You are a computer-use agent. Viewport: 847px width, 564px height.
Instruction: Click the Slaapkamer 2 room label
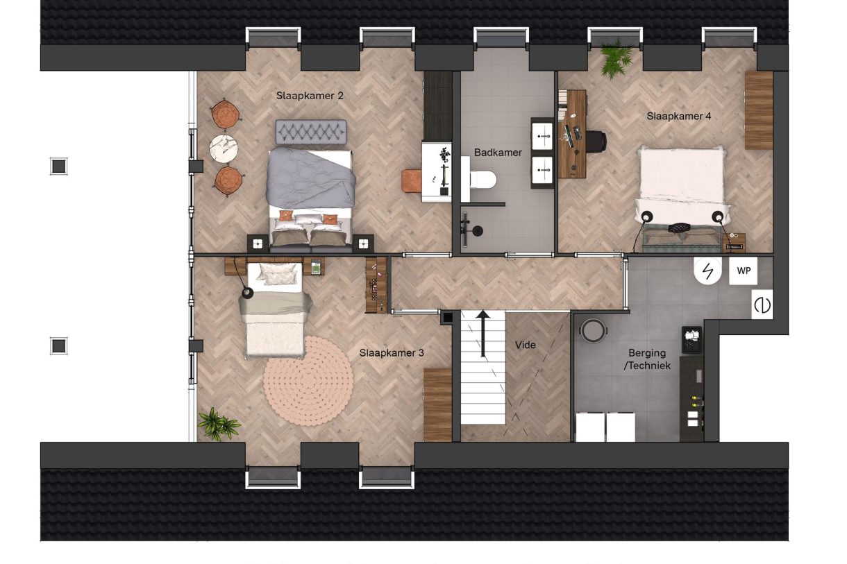[310, 96]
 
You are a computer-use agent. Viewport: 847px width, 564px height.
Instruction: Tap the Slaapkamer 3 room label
[392, 353]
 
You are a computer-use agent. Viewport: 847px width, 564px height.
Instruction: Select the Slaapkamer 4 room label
[679, 116]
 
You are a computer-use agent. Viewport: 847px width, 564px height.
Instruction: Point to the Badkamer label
[498, 153]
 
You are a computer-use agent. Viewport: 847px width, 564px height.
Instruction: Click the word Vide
[526, 345]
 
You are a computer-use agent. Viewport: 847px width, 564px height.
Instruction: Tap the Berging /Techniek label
[647, 359]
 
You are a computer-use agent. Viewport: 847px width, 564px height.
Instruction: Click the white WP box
[743, 271]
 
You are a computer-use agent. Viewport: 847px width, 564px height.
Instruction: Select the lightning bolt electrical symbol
[707, 271]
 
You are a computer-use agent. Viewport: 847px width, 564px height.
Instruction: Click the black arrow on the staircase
[483, 334]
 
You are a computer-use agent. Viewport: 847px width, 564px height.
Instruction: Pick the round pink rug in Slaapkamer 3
[308, 381]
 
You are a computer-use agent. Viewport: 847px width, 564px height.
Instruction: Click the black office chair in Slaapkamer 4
[596, 142]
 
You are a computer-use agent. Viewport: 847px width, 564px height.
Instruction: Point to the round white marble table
[224, 148]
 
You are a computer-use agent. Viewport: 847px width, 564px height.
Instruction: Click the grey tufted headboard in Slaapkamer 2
[311, 132]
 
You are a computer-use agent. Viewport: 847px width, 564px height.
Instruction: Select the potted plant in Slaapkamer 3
[219, 425]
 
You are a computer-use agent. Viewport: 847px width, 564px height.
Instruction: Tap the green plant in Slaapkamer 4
[616, 58]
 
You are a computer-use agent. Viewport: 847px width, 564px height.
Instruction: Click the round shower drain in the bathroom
[478, 230]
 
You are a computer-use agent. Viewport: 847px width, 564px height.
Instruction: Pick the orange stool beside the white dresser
[412, 181]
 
